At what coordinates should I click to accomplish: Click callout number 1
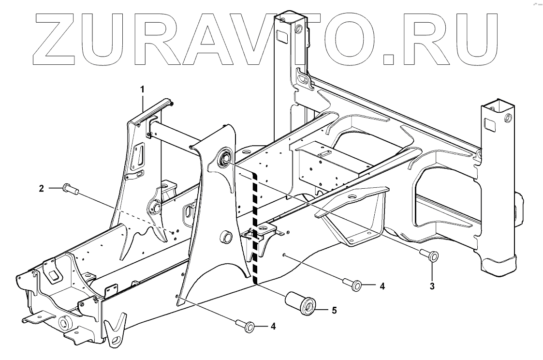coord(143,89)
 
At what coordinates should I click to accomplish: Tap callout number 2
coord(42,188)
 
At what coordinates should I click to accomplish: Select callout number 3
coord(432,286)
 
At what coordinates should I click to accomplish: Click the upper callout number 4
coord(382,286)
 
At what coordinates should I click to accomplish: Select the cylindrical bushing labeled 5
coord(300,303)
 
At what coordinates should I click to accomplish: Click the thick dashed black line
coord(255,227)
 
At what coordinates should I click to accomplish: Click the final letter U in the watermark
coord(476,39)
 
